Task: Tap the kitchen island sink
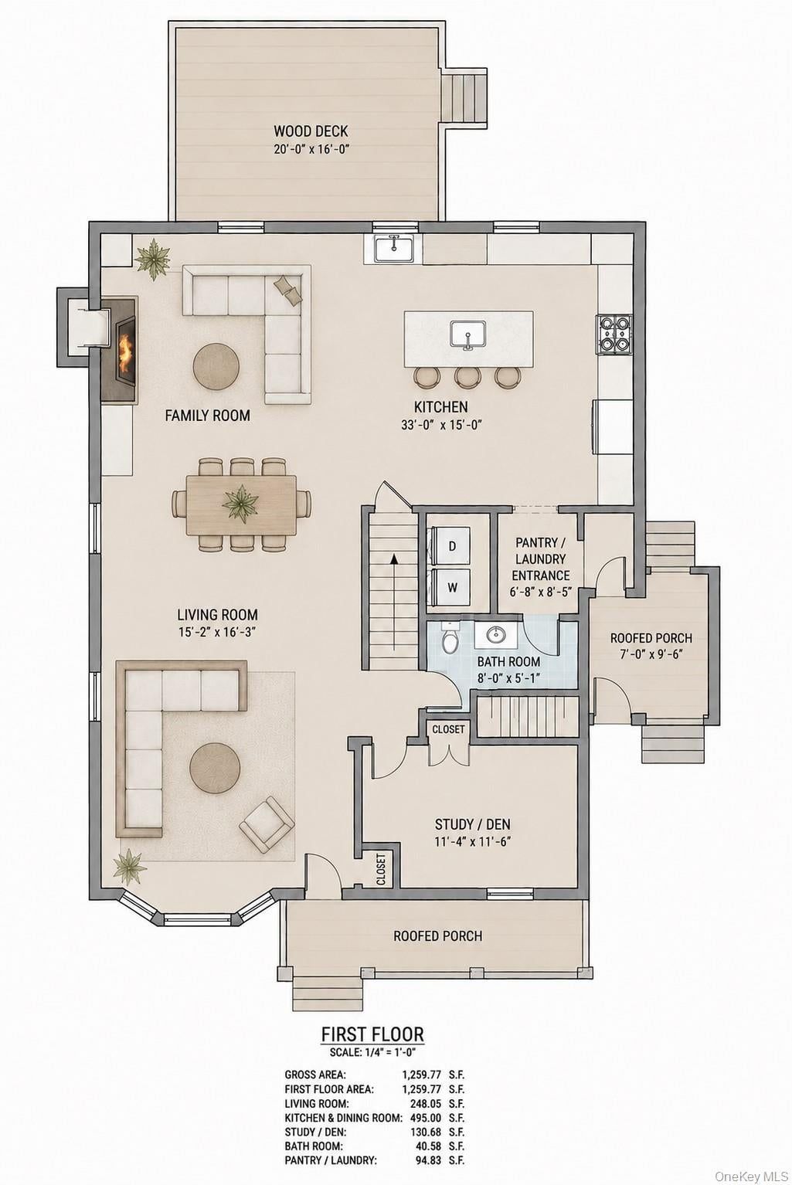467,334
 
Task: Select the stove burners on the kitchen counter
614,334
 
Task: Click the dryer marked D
452,546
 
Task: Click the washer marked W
452,586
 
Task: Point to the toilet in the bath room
450,638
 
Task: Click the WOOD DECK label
311,131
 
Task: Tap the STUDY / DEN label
472,823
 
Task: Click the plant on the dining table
241,503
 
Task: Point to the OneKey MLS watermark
750,1173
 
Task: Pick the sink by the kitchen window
394,249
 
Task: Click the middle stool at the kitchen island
467,377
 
